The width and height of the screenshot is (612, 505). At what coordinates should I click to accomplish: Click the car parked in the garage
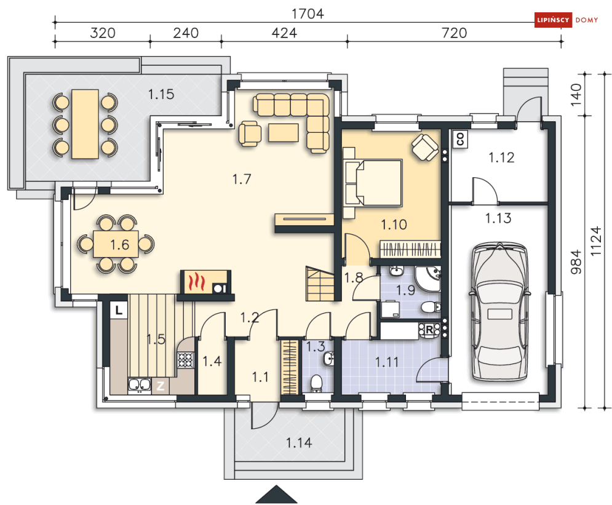point(499,311)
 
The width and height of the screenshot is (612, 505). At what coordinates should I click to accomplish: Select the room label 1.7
point(242,179)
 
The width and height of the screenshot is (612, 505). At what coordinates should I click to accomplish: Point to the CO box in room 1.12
point(460,138)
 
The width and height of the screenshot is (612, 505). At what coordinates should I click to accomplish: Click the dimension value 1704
point(308,14)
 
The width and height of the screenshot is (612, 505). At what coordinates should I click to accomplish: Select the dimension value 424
point(284,33)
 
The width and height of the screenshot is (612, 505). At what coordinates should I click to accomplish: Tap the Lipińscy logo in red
point(553,20)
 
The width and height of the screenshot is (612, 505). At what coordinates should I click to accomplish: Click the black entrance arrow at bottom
point(276,494)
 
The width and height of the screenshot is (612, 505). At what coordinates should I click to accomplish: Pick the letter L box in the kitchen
point(119,310)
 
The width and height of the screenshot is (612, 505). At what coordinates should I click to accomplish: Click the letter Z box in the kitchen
point(160,386)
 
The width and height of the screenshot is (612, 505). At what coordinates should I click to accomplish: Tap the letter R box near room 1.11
point(429,330)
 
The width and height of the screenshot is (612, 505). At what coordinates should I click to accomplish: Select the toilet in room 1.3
point(316,384)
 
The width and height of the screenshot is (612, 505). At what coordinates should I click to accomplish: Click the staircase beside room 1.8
point(320,284)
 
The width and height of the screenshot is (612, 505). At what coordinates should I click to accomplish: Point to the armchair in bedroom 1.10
point(424,147)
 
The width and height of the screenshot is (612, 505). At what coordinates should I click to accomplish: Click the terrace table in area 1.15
point(85,124)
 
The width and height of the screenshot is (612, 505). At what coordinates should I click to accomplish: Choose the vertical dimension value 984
point(576,262)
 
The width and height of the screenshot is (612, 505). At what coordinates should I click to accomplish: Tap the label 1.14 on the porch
point(299,443)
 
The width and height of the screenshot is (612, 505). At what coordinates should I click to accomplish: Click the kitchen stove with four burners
point(185,360)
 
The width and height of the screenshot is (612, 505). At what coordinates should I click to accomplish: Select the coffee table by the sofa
point(284,133)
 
